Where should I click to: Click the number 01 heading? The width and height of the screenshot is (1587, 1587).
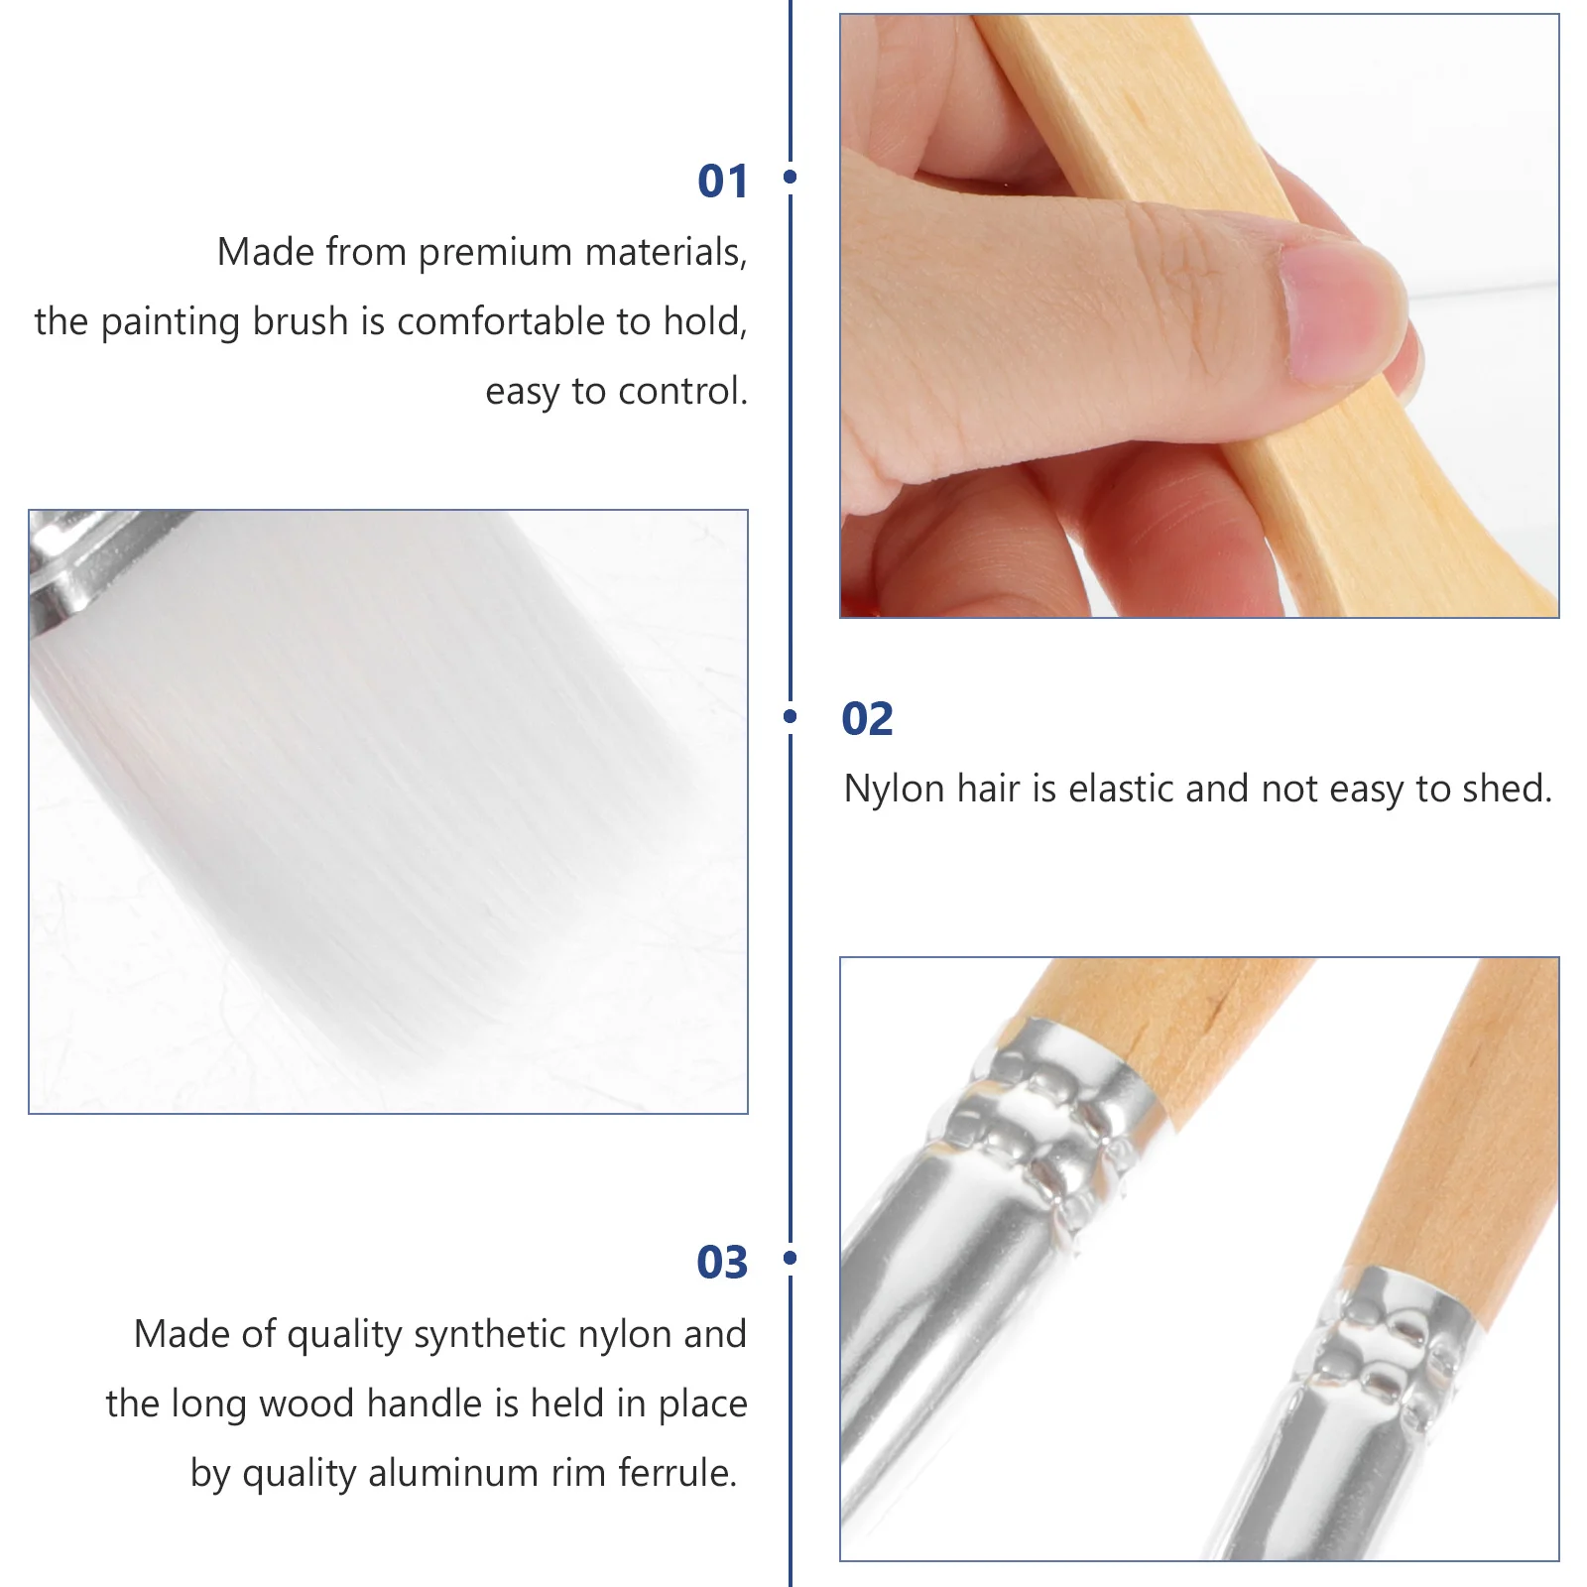[x=722, y=182]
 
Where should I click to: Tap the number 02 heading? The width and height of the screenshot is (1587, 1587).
[x=867, y=719]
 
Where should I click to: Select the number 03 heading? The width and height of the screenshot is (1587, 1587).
[x=722, y=1263]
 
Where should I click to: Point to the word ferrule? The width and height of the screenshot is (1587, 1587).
[x=677, y=1474]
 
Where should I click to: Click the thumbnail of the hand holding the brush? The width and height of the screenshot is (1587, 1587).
[x=1198, y=315]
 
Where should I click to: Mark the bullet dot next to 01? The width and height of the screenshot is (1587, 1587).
[x=791, y=177]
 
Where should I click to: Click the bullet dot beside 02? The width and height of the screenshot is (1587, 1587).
[x=791, y=716]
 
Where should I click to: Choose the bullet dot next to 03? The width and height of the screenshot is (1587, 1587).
[x=791, y=1258]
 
